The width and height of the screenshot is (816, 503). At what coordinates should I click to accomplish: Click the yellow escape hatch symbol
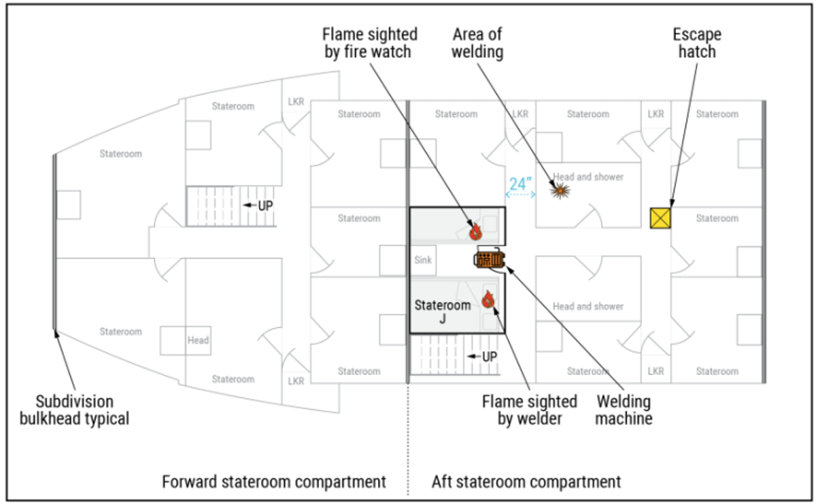(660, 218)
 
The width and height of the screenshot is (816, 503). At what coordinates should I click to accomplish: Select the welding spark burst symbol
(560, 192)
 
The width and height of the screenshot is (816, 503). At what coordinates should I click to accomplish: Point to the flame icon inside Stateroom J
(488, 299)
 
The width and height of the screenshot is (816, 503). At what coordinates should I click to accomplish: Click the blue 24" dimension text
(520, 183)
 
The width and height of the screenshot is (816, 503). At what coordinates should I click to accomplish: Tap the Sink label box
(423, 260)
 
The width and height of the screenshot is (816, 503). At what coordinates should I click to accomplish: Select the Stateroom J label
(442, 312)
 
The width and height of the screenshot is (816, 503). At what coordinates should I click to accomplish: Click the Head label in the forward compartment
(198, 340)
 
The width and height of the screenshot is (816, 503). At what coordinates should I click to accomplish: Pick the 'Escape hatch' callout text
(697, 42)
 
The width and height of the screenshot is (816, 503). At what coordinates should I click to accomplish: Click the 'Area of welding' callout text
(477, 42)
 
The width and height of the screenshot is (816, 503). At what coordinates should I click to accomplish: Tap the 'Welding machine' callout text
(624, 410)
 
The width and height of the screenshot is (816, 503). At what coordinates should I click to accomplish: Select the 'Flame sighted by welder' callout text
(530, 410)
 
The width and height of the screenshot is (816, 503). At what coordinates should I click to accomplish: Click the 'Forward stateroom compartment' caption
(274, 482)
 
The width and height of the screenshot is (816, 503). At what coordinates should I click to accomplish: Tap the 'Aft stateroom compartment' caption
(526, 482)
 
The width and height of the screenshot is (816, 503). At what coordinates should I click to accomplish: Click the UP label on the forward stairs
(264, 204)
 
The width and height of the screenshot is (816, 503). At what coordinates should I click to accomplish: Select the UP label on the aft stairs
(488, 357)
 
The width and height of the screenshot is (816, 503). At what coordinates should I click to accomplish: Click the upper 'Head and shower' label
(588, 177)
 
